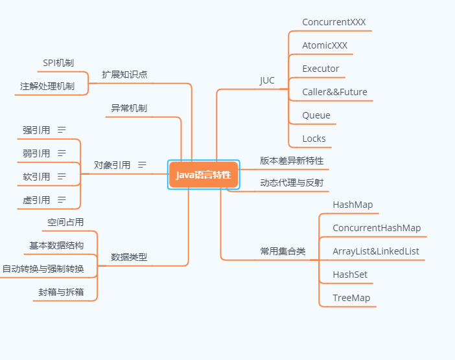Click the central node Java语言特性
(x=204, y=175)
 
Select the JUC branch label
(x=267, y=81)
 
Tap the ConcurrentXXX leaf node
(x=334, y=22)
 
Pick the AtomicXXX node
(x=325, y=45)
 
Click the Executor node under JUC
(x=320, y=69)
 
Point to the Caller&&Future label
(x=334, y=92)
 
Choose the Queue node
(x=316, y=115)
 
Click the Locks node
(x=314, y=139)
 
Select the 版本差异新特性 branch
(x=292, y=161)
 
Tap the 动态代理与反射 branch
(x=292, y=183)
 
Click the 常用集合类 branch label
(x=283, y=251)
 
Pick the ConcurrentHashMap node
(x=377, y=228)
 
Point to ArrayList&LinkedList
(x=376, y=251)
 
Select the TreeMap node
(x=351, y=298)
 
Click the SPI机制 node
(x=58, y=63)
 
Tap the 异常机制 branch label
(x=129, y=108)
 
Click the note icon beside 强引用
(x=62, y=130)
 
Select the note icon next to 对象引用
(x=142, y=165)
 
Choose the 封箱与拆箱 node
(x=61, y=292)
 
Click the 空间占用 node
(x=65, y=222)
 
